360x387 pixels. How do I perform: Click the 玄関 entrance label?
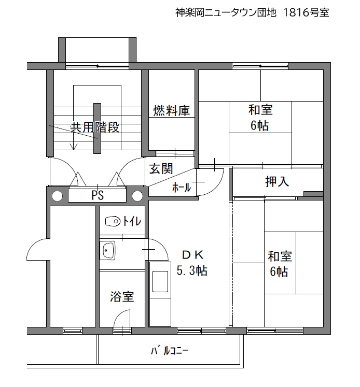pos(161,169)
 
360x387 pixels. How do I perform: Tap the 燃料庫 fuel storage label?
pos(172,110)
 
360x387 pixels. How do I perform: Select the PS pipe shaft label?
pos(98,195)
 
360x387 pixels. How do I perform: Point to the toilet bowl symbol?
pos(113,221)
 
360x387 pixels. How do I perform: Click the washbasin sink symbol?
pos(107,250)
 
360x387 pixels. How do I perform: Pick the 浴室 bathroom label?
pos(122,296)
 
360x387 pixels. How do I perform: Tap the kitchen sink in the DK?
pos(160,281)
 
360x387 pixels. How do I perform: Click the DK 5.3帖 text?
pos(192,263)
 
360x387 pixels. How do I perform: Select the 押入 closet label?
pos(277,182)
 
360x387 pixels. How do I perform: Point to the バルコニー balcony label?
pos(170,351)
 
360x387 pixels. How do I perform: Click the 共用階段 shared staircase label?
pos(95,127)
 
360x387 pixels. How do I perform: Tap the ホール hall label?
pos(182,188)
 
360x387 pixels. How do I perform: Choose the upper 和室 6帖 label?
pos(260,118)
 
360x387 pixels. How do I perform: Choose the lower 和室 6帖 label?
pos(280,264)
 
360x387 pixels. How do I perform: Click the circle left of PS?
pos(58,196)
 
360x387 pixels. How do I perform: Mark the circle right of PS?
pos(137,196)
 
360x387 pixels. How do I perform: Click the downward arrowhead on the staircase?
pos(74,147)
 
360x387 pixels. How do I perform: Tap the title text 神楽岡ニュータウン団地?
pos(226,12)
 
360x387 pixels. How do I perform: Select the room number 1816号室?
pos(306,12)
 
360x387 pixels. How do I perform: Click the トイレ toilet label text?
pos(132,221)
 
